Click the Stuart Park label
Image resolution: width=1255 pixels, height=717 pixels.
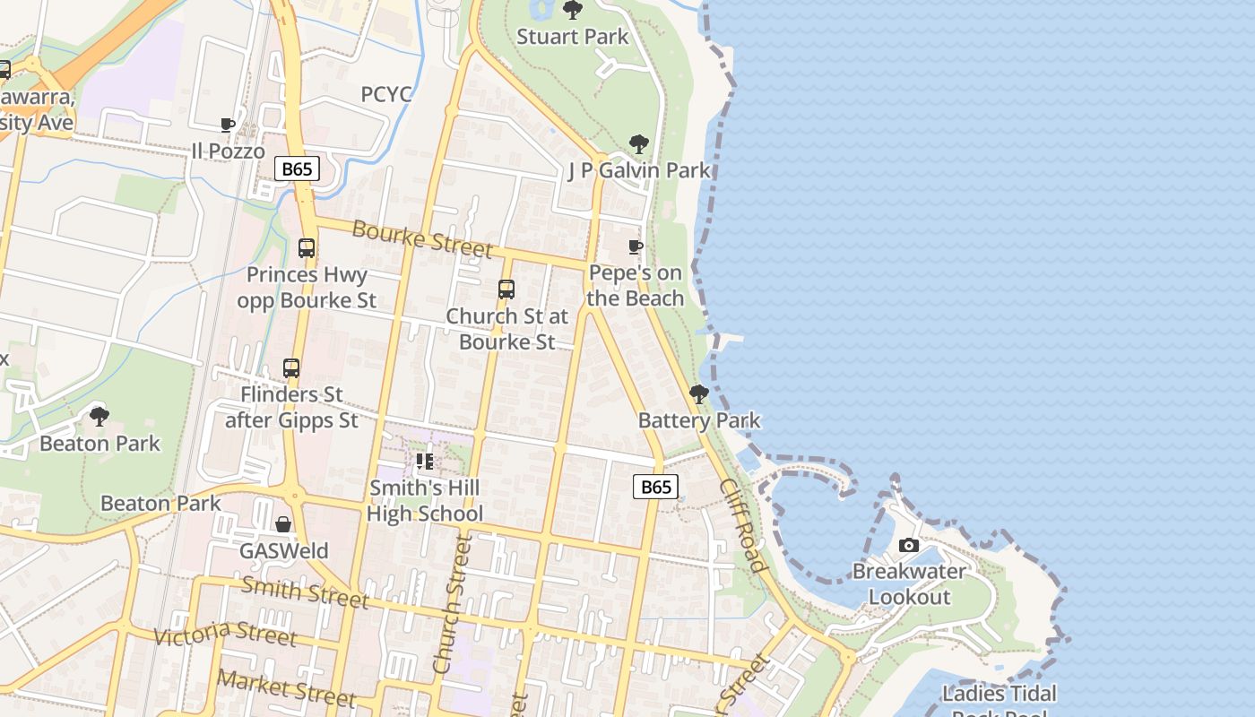[x=573, y=37]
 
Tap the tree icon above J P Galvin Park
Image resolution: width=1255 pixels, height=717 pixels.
[x=638, y=143]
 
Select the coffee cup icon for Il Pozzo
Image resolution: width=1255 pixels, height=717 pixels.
[x=228, y=125]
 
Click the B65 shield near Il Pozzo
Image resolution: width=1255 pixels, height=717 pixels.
[x=297, y=168]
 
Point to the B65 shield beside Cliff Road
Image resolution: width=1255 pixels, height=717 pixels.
[x=655, y=487]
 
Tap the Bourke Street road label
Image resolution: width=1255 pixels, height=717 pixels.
[x=422, y=238]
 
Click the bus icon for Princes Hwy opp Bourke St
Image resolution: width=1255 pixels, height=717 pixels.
[x=307, y=248]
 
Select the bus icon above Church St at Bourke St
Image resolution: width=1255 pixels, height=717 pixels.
[x=506, y=289]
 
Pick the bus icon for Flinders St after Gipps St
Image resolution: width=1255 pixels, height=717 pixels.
[x=291, y=368]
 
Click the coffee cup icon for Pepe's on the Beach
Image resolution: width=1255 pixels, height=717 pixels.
[x=636, y=246]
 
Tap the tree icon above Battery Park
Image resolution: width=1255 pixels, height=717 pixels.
[x=698, y=394]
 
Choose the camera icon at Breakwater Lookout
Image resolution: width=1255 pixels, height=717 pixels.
[x=908, y=545]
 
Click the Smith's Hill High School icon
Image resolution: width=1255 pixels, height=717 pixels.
[x=425, y=462]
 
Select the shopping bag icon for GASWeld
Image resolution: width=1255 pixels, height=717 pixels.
[x=283, y=524]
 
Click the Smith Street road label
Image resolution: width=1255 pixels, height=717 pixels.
[x=305, y=592]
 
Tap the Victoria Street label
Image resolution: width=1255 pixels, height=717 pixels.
[x=224, y=633]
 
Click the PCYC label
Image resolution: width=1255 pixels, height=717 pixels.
[x=386, y=95]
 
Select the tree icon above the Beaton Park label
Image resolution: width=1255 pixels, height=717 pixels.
[x=100, y=416]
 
